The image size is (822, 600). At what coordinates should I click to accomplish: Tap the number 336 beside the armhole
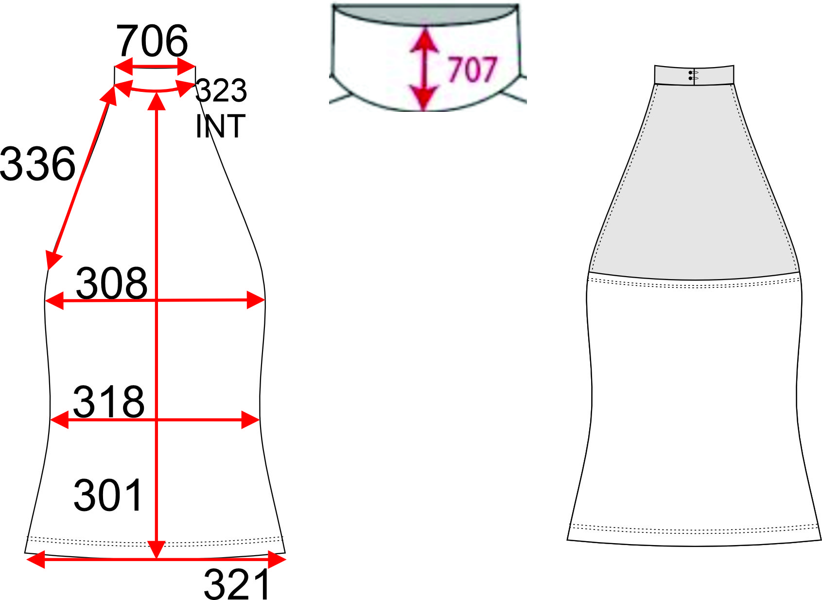37,163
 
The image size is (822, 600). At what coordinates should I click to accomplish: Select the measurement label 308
111,283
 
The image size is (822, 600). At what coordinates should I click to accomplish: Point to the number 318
109,402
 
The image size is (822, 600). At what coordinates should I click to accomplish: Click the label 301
107,495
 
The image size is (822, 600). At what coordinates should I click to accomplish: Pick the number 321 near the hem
237,584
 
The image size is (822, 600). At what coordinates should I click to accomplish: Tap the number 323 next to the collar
221,90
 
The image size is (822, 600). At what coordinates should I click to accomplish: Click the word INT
221,126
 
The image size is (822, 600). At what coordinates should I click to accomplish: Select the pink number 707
472,70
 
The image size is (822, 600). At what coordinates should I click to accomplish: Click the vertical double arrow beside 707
424,69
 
